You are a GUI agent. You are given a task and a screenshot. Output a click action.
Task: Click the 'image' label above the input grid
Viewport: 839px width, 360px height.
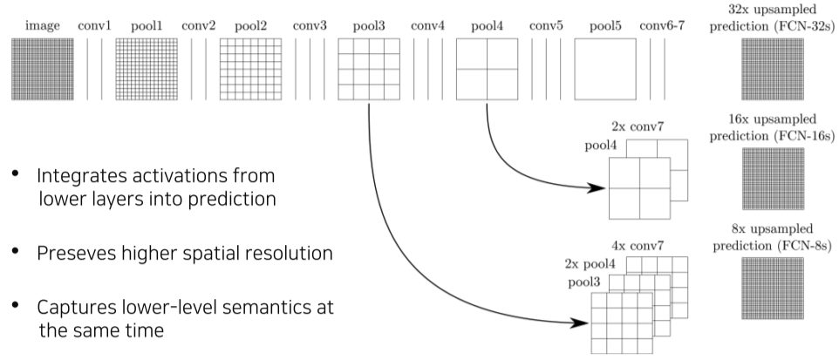coord(42,25)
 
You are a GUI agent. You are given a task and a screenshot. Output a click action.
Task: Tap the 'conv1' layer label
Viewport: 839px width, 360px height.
coord(95,25)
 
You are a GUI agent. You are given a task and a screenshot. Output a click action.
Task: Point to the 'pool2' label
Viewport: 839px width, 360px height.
coord(253,25)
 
